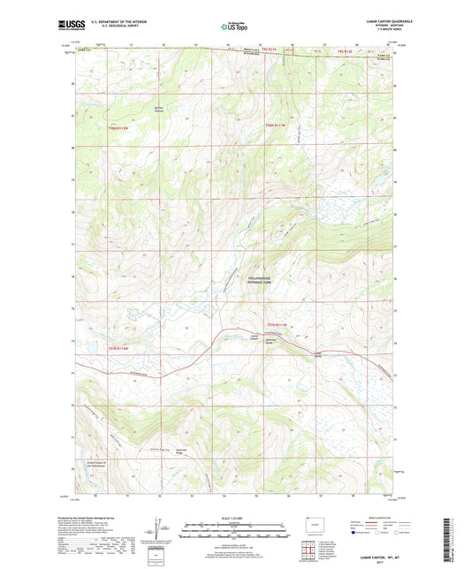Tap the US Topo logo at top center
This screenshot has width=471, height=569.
[x=234, y=27]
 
